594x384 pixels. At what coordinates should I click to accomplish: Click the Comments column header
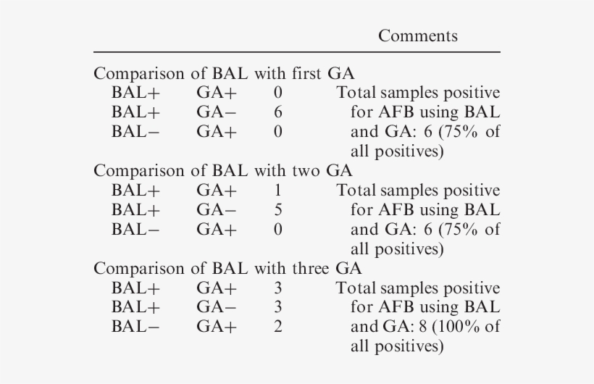[x=417, y=36]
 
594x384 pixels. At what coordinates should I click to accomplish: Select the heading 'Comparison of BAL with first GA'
[x=224, y=74]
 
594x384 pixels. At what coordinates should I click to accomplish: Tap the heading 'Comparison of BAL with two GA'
[x=223, y=171]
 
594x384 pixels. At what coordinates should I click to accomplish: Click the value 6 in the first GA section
[x=278, y=112]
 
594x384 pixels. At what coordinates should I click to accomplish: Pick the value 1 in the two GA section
[x=278, y=191]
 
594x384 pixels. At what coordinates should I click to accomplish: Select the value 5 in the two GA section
[x=278, y=210]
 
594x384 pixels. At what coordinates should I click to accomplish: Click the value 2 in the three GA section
[x=278, y=327]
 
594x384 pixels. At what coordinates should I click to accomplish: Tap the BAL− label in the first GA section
[x=136, y=132]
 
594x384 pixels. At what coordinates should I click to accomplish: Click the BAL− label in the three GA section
[x=136, y=327]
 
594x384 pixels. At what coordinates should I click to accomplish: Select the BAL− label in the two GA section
[x=136, y=230]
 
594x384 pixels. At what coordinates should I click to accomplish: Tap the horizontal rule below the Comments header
[x=296, y=52]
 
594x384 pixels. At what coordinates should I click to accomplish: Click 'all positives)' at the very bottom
[x=396, y=346]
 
